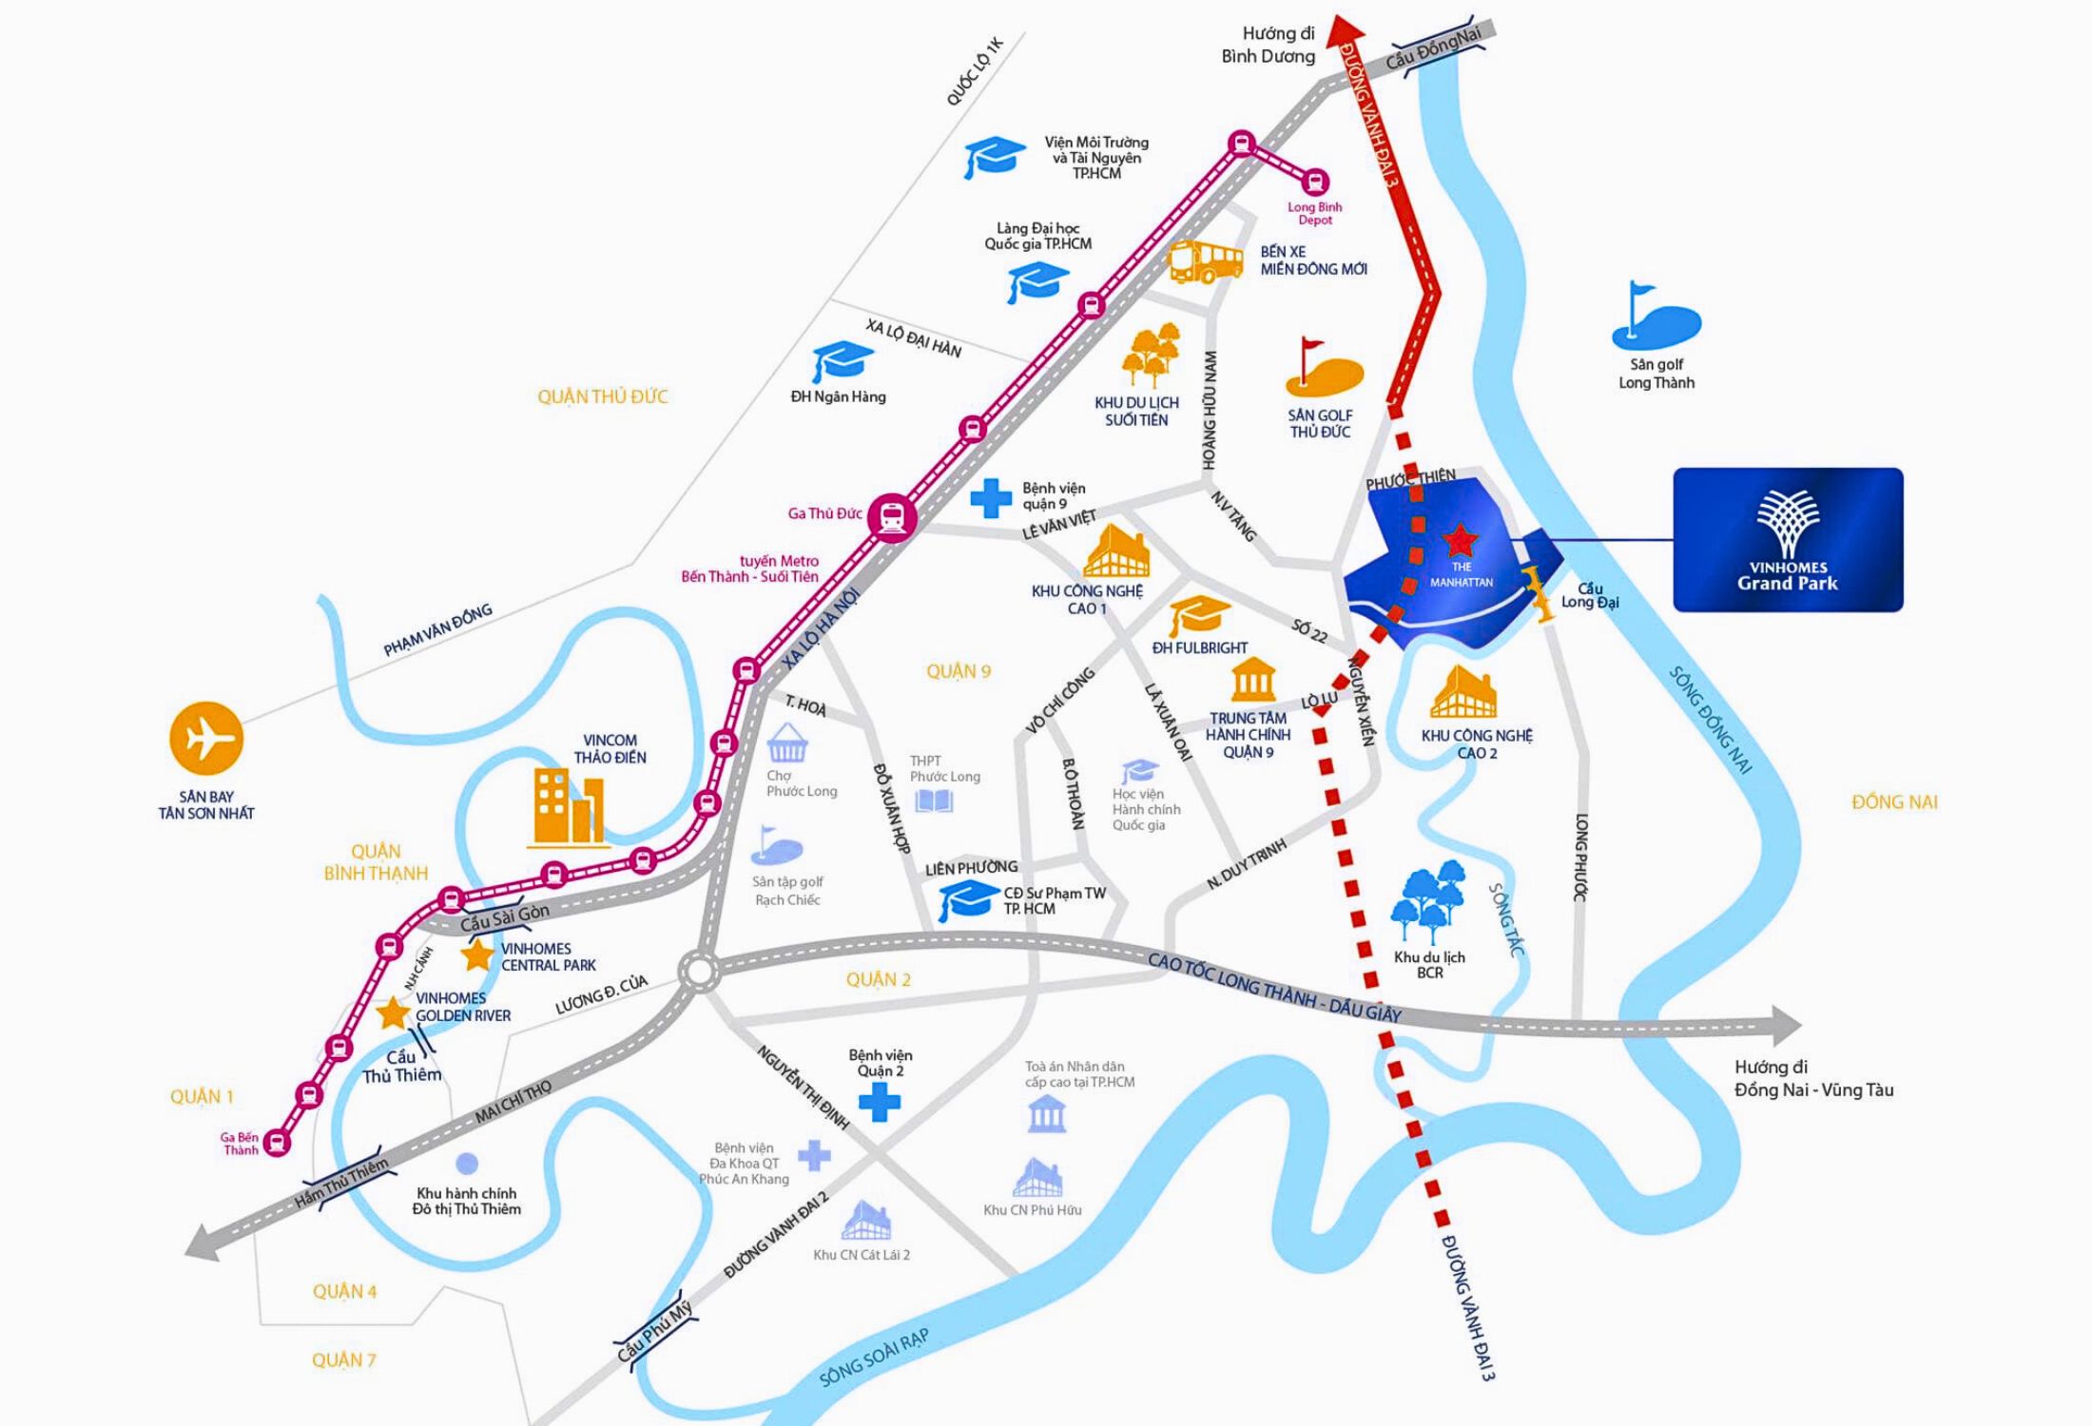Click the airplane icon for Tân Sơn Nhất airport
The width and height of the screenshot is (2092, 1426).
click(206, 739)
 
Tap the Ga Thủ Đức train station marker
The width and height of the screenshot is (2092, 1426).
click(892, 515)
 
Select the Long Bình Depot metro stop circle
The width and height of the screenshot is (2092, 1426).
click(1315, 181)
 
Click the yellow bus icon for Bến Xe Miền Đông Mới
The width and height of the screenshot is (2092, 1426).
click(1205, 261)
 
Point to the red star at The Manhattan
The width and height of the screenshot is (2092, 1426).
click(1461, 540)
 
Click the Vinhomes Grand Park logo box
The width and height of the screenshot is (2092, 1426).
click(1788, 539)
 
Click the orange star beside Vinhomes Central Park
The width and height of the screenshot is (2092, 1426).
click(476, 954)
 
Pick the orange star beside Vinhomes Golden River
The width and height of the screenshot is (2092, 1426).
click(393, 1013)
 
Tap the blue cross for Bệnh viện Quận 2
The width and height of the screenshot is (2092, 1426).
click(880, 1103)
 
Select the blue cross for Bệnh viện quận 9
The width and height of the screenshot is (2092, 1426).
click(991, 498)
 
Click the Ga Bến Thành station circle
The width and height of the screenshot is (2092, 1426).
click(277, 1142)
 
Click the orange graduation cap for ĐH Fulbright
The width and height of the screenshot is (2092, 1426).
click(1198, 616)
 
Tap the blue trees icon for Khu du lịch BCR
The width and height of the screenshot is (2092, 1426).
click(1427, 903)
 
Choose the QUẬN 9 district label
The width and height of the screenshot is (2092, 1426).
click(959, 672)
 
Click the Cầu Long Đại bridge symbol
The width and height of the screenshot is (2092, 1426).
click(1537, 595)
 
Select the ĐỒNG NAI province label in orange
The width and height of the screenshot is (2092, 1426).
click(1894, 801)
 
